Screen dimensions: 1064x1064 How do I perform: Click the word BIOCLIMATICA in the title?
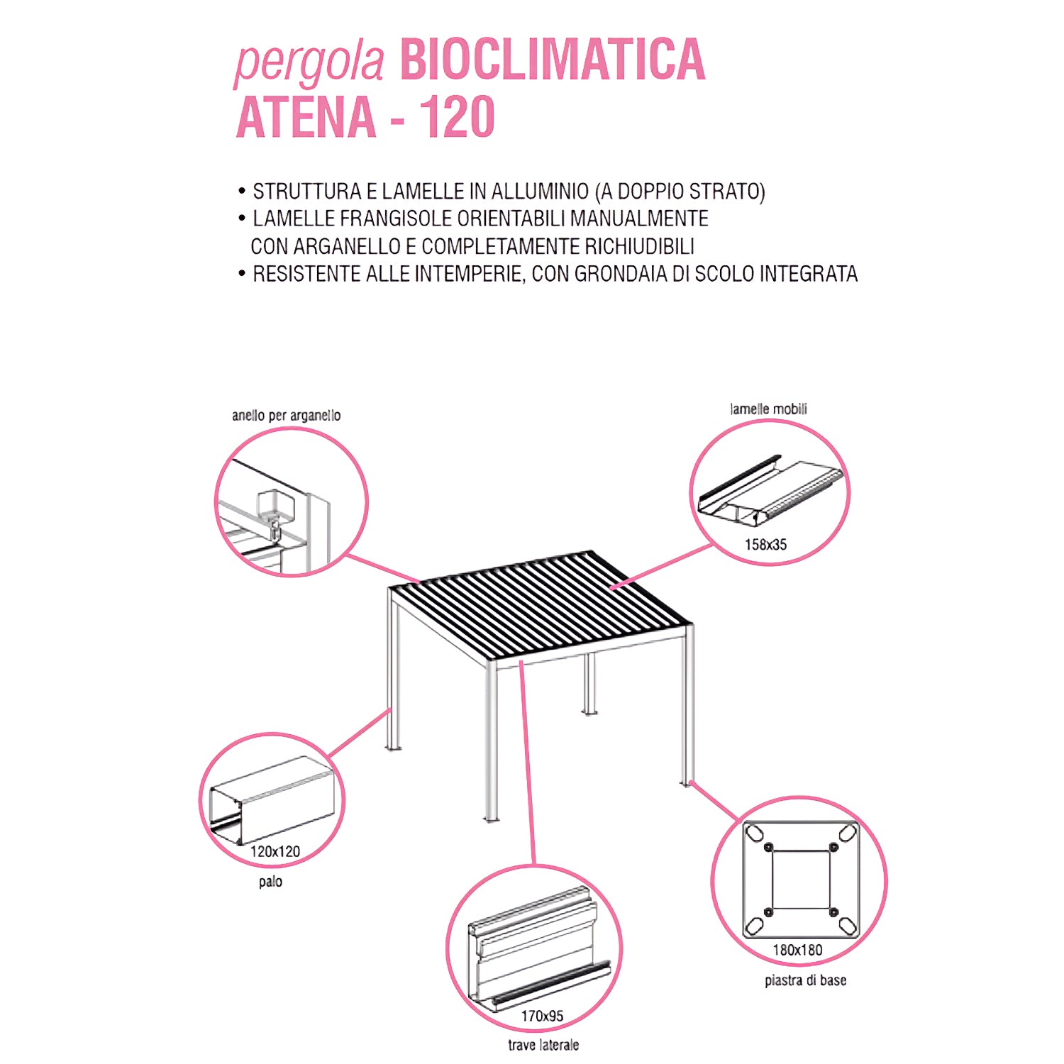tap(553, 60)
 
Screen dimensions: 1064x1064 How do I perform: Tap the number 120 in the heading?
tap(458, 117)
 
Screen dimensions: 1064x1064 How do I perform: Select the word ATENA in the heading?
tap(306, 117)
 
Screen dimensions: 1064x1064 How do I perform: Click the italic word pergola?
tap(309, 62)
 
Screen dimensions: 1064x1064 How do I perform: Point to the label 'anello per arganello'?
tap(286, 415)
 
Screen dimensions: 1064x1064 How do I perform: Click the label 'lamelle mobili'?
tap(768, 409)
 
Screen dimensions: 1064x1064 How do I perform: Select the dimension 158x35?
tap(765, 545)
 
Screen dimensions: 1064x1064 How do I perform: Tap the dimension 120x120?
tap(275, 851)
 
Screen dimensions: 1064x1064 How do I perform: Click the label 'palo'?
tap(270, 882)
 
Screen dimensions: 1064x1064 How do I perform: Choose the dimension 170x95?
tap(542, 1016)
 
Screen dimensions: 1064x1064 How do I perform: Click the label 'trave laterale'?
tap(543, 1045)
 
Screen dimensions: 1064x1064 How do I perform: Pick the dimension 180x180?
tap(797, 950)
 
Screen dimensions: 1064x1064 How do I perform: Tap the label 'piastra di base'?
tap(805, 980)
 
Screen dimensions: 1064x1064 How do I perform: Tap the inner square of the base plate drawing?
tap(800, 879)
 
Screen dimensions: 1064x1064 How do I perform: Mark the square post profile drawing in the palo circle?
tap(273, 802)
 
